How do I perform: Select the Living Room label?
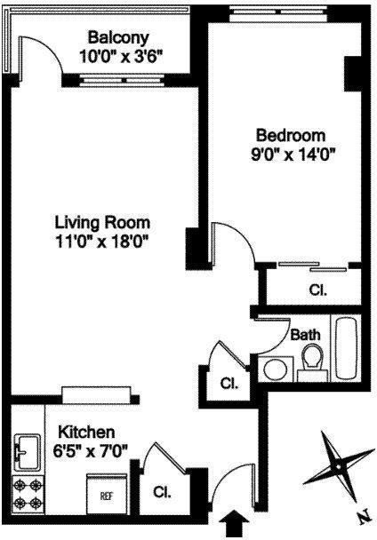[101, 222]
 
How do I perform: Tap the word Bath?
[306, 335]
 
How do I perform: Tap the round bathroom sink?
[276, 366]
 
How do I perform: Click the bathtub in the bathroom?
[345, 349]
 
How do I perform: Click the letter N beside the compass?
[361, 515]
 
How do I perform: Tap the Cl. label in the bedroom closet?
[317, 290]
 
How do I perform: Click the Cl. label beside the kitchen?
[162, 491]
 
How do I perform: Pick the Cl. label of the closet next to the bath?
[229, 384]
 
